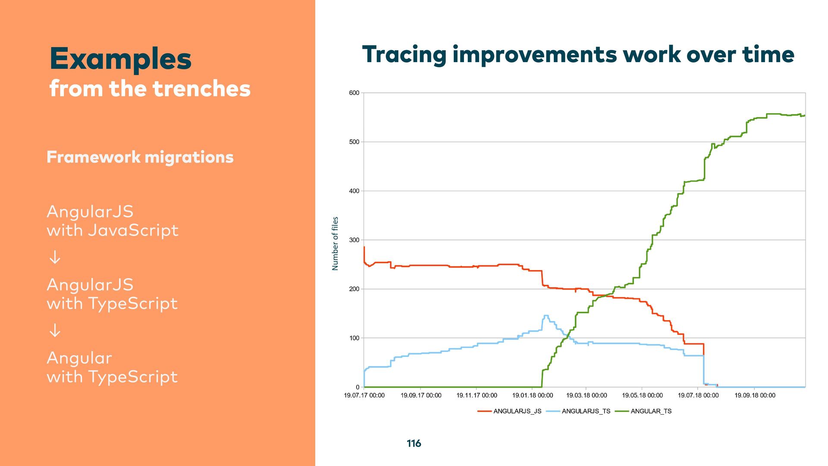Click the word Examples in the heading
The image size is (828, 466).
[x=120, y=59]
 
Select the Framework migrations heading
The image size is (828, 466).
[x=140, y=157]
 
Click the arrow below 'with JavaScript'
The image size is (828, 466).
[x=55, y=258]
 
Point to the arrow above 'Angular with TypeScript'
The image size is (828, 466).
[x=55, y=331]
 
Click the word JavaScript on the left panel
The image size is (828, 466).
[x=133, y=230]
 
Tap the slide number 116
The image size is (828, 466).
[x=414, y=444]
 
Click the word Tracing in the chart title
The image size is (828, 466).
[x=404, y=55]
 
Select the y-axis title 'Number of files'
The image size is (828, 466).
[x=335, y=244]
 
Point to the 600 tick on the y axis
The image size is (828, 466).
[x=354, y=93]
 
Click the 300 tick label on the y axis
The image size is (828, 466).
[x=354, y=240]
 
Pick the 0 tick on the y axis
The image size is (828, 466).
[x=357, y=387]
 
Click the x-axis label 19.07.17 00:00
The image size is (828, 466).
[x=364, y=395]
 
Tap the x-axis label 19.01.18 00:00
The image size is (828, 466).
[x=533, y=395]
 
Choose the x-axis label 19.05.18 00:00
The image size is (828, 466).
[x=642, y=395]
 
